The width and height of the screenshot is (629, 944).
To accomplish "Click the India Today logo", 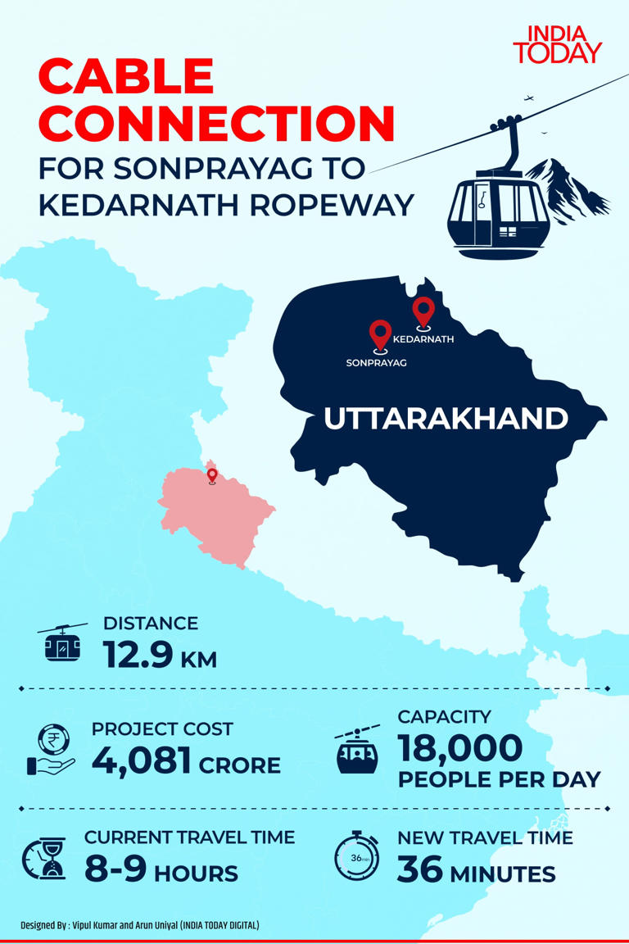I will click(x=557, y=44).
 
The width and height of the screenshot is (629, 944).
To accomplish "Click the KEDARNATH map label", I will click(x=423, y=338).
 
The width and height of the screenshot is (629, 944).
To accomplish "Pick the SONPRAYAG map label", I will click(x=376, y=361).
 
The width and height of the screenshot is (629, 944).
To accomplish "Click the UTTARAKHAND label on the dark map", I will click(x=446, y=419).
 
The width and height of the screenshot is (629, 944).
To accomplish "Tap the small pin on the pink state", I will click(x=212, y=475).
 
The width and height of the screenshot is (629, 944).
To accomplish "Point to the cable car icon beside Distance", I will click(x=62, y=644).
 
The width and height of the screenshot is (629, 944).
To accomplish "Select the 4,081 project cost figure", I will click(x=141, y=761).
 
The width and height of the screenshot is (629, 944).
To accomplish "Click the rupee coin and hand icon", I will click(x=51, y=751).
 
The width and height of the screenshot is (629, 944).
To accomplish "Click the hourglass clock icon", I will click(x=43, y=858).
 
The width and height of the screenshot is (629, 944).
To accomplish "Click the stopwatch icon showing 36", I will click(x=356, y=857).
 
